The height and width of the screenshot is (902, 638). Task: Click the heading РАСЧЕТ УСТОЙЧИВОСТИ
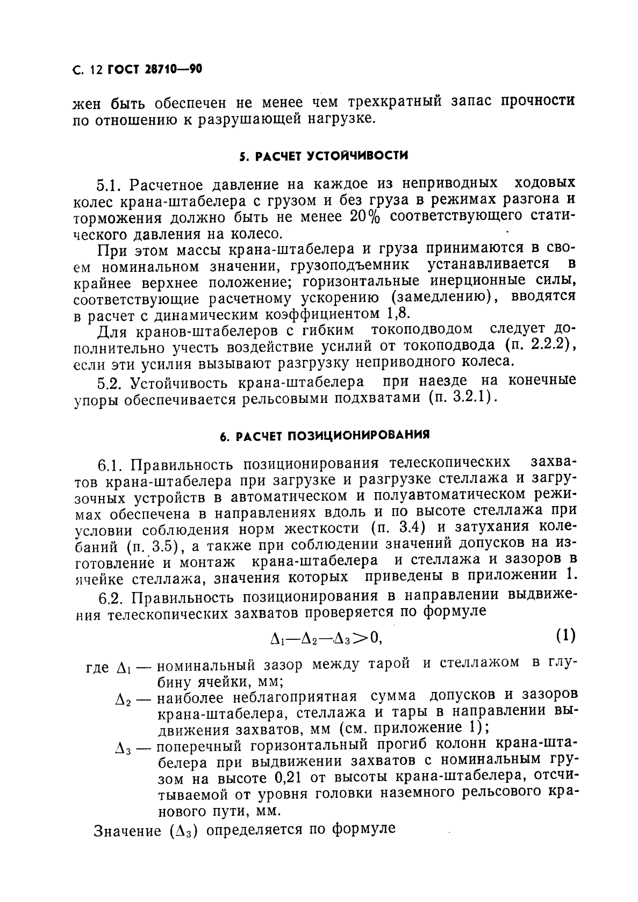324,156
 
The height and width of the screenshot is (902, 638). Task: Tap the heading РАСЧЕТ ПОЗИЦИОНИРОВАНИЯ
325,436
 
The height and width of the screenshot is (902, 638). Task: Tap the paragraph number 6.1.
112,463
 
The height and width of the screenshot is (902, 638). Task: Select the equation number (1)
565,636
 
